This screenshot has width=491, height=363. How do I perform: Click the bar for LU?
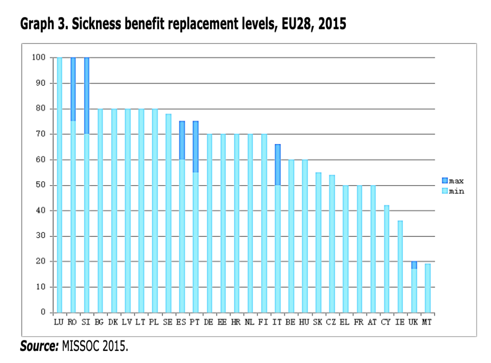coord(59,185)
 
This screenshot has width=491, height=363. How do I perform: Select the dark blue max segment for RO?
coord(73,89)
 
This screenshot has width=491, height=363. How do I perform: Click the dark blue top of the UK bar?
coord(413,265)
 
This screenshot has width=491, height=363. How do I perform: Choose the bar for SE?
coord(168,213)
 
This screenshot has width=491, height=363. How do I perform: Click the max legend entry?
coord(452,180)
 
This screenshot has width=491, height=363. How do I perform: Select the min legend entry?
coord(452,191)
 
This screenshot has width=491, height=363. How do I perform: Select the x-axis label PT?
coord(195,322)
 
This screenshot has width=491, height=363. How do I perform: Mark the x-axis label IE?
coord(399,322)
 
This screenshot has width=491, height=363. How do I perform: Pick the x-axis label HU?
coord(304,322)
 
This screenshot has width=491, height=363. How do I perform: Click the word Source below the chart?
coord(38,346)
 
